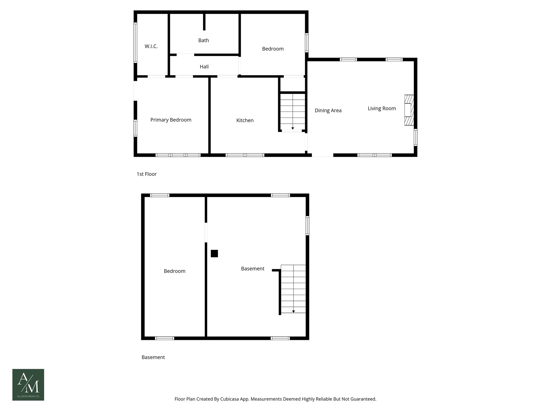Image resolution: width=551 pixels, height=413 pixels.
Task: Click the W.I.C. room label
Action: pyautogui.click(x=151, y=46)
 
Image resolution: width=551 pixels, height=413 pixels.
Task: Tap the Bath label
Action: pyautogui.click(x=203, y=40)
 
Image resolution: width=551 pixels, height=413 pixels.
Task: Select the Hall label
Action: pyautogui.click(x=204, y=67)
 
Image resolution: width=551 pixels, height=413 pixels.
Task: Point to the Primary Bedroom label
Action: pyautogui.click(x=171, y=120)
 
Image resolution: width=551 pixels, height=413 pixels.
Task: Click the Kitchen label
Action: pyautogui.click(x=245, y=120)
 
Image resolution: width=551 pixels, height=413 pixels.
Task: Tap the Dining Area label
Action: pyautogui.click(x=328, y=111)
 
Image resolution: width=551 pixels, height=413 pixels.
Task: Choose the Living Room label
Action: pyautogui.click(x=382, y=108)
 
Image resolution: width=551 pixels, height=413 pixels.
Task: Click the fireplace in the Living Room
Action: pyautogui.click(x=409, y=110)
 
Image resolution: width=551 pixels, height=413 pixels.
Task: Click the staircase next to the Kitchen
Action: pyautogui.click(x=293, y=111)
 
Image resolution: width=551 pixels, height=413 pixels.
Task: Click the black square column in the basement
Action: pyautogui.click(x=214, y=254)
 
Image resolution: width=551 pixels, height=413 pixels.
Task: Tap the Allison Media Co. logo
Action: pyautogui.click(x=28, y=384)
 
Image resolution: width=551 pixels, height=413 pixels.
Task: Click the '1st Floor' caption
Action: pyautogui.click(x=147, y=174)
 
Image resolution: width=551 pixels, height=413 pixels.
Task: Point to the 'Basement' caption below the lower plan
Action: pyautogui.click(x=153, y=357)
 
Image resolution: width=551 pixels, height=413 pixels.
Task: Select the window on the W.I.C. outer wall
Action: pyautogui.click(x=135, y=42)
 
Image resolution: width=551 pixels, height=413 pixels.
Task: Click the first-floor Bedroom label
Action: pyautogui.click(x=273, y=49)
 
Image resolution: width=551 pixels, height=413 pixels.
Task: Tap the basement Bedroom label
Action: pyautogui.click(x=175, y=271)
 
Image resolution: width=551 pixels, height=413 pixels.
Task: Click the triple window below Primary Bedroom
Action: pyautogui.click(x=178, y=155)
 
